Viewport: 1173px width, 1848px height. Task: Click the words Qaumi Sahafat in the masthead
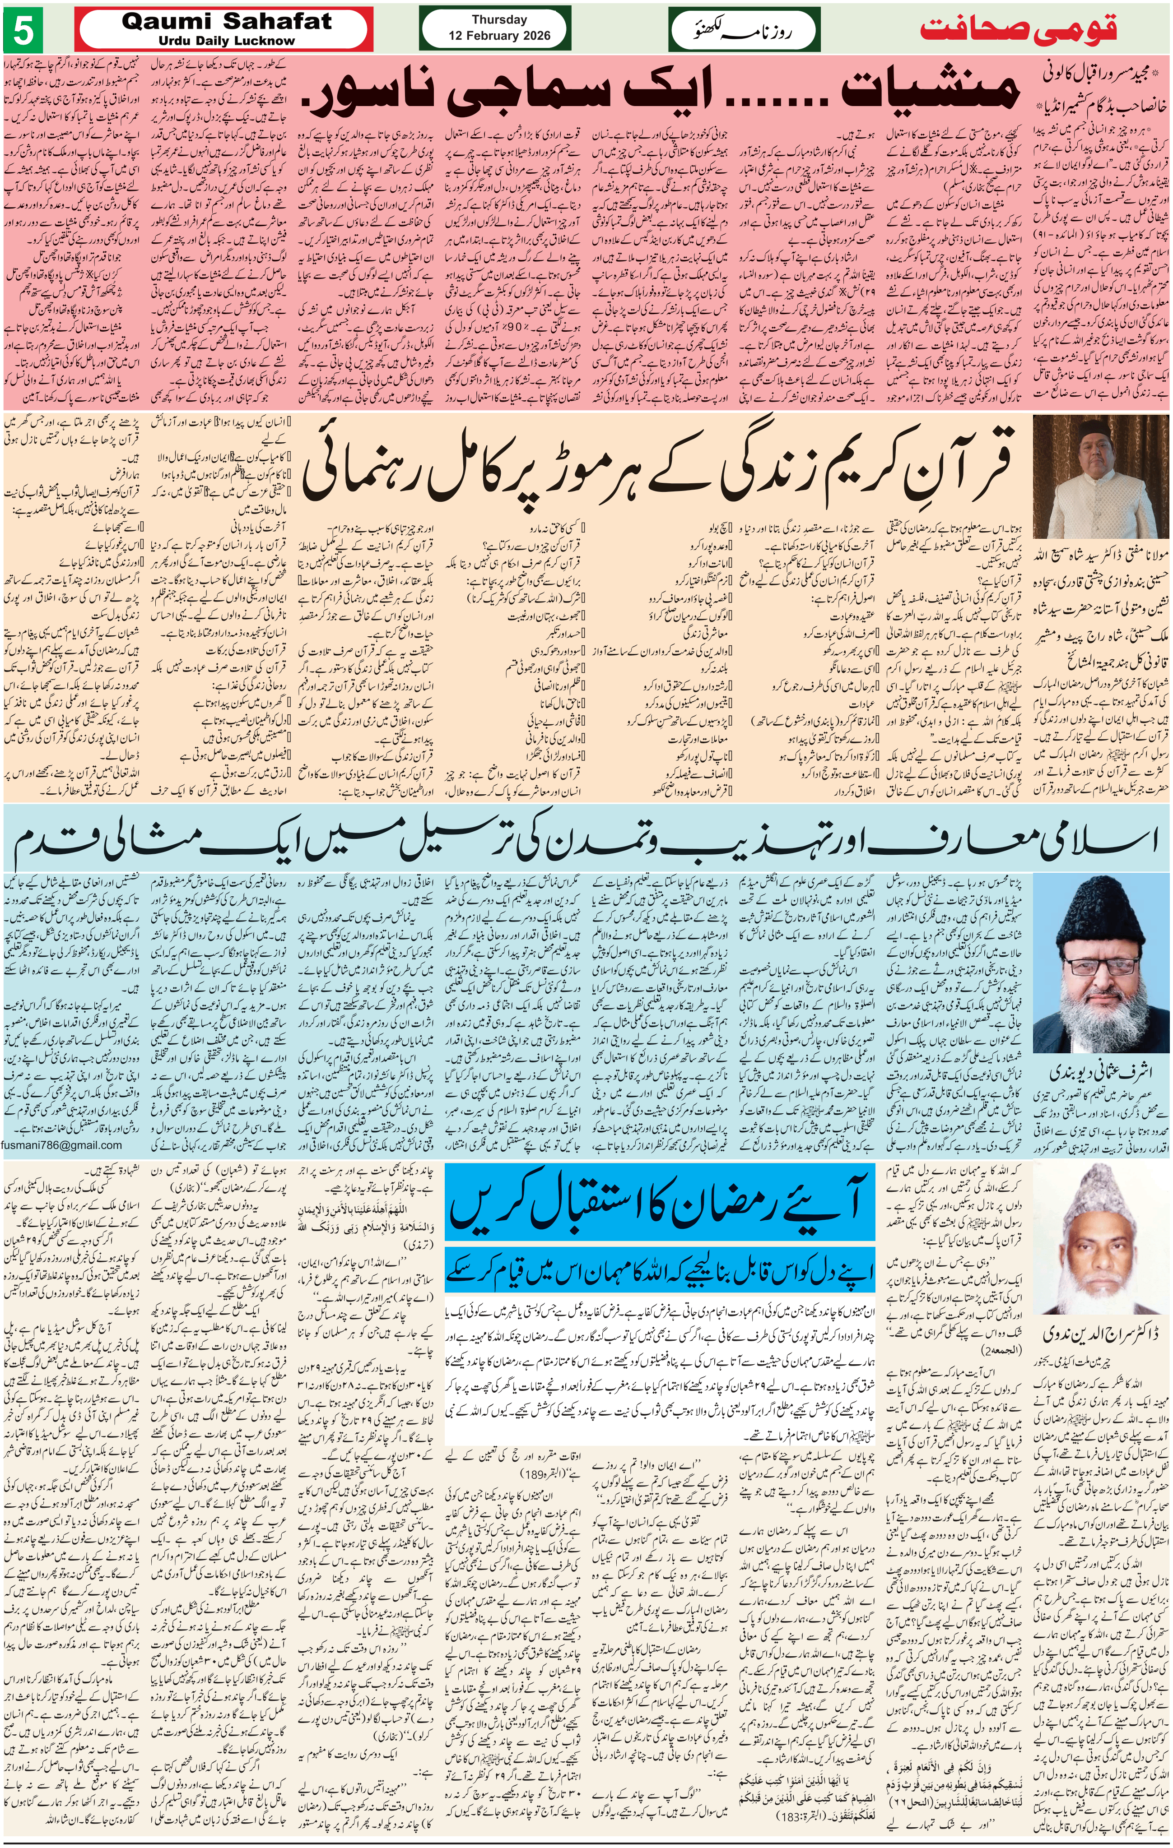[x=227, y=22]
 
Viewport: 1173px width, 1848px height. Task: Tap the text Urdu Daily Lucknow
[x=227, y=41]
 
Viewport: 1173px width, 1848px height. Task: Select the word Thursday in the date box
[x=499, y=20]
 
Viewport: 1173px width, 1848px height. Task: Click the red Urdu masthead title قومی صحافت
[x=1018, y=31]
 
